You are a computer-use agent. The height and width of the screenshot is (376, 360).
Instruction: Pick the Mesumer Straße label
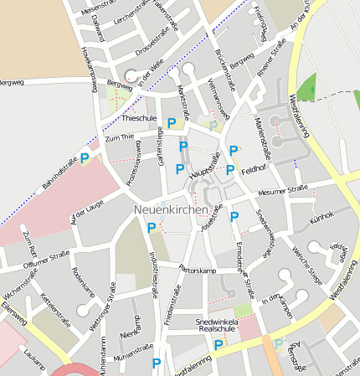point(283,193)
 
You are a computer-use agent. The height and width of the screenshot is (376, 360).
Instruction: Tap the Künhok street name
point(321,215)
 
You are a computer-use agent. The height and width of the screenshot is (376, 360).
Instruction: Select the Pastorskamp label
point(198,270)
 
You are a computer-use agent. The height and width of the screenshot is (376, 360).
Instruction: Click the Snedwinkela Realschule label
point(218,327)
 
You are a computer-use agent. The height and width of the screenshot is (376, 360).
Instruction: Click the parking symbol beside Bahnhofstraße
point(85,157)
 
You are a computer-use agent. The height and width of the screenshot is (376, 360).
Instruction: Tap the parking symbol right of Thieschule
point(172,123)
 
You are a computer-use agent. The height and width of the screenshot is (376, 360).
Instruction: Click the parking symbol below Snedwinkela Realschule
point(219,344)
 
